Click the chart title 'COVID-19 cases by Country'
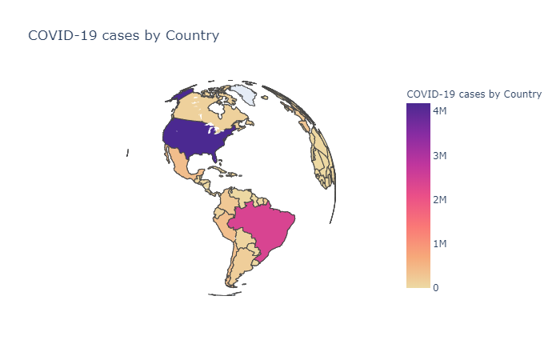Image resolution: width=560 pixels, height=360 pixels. (123, 36)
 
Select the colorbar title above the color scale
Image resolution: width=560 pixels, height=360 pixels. (474, 94)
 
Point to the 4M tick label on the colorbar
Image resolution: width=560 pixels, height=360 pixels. (440, 110)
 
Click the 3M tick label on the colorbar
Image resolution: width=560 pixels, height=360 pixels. (440, 155)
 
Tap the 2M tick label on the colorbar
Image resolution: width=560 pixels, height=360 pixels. (440, 200)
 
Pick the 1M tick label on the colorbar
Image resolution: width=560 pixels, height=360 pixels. (440, 244)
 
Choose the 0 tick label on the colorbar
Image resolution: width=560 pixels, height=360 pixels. (436, 287)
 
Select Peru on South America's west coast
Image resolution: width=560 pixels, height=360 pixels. (225, 228)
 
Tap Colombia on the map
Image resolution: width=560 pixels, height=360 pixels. (226, 204)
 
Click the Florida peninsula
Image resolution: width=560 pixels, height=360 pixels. (214, 157)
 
